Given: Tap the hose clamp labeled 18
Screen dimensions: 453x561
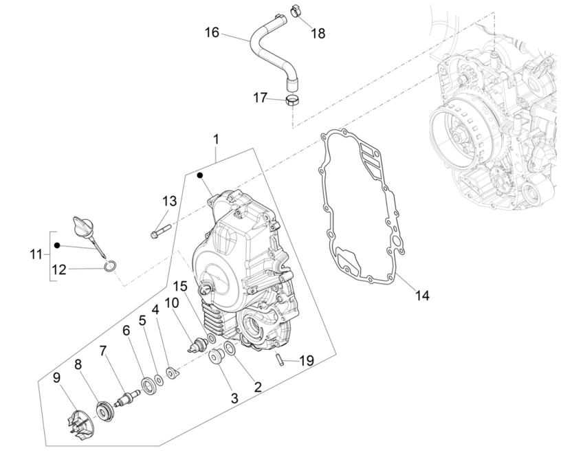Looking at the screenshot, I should pyautogui.click(x=295, y=11).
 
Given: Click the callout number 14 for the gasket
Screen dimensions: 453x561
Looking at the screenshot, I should pyautogui.click(x=421, y=296).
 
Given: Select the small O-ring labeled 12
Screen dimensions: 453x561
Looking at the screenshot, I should pyautogui.click(x=111, y=266).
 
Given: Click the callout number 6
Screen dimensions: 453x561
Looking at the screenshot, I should pyautogui.click(x=126, y=331).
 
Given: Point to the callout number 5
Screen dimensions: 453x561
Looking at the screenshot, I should pyautogui.click(x=142, y=320).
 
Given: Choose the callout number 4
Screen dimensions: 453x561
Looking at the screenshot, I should pyautogui.click(x=156, y=310).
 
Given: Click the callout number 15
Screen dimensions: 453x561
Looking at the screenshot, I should pyautogui.click(x=180, y=285).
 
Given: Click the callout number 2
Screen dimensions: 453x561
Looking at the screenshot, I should pyautogui.click(x=257, y=387).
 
